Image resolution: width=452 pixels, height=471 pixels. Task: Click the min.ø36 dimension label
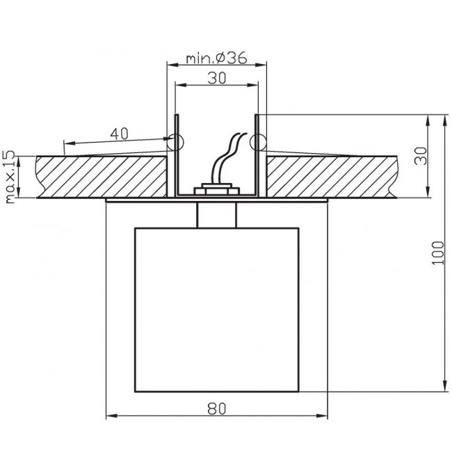coord(216,58)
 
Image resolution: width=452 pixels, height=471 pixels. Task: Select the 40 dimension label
coord(119,134)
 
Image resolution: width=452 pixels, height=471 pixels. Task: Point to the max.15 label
coord(10,177)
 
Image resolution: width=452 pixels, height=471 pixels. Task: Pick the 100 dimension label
coord(437,253)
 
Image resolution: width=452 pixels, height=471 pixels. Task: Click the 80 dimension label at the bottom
coord(216,408)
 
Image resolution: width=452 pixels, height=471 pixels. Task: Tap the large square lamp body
coord(216,310)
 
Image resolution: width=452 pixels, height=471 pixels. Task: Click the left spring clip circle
coord(175,142)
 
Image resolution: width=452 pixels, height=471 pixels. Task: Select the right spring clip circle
coord(258,142)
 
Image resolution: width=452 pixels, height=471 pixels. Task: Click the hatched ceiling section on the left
coord(102,177)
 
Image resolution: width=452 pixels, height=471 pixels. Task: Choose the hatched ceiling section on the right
coord(332,177)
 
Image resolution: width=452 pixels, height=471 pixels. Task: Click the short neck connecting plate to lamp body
coord(216,215)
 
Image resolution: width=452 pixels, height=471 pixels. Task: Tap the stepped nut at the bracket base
coord(216,189)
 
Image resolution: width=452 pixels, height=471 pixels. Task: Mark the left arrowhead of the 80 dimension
coord(111,416)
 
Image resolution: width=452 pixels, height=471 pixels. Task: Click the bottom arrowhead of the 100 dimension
coord(444,388)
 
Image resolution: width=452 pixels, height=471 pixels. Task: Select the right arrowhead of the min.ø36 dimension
coord(261,65)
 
